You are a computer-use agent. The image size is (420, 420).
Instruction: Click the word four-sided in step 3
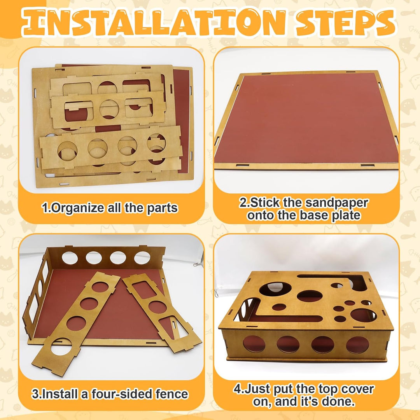[x=122, y=394]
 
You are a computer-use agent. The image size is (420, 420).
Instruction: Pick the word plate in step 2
[x=346, y=215]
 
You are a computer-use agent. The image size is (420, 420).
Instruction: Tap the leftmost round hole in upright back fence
[x=70, y=258]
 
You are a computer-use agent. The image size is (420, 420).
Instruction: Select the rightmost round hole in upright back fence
[x=142, y=258]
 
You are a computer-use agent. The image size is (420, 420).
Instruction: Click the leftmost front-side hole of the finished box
[x=254, y=344]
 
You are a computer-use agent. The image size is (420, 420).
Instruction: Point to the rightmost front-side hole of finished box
[x=357, y=345]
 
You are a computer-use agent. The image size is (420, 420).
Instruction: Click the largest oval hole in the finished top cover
[x=310, y=296]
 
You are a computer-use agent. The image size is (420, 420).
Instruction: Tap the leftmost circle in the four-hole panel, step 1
[x=67, y=151]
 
